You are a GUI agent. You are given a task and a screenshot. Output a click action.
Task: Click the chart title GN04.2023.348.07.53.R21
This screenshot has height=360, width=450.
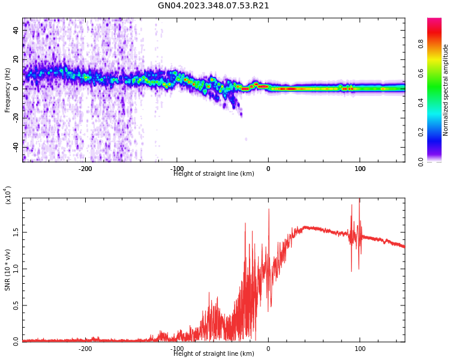click(x=214, y=6)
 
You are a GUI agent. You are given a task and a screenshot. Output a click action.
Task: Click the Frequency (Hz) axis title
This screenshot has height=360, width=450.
click(x=8, y=90)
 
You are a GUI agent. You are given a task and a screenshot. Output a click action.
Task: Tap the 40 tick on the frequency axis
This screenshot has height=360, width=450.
click(x=17, y=30)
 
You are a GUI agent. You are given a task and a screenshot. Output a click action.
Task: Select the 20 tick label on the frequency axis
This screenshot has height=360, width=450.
click(x=17, y=59)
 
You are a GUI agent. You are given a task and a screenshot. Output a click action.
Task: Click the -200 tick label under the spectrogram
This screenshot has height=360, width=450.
click(x=85, y=169)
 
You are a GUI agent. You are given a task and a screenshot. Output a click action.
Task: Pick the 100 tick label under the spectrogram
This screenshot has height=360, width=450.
click(x=360, y=169)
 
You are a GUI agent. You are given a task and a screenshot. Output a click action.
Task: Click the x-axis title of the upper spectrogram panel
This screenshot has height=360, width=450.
click(x=214, y=174)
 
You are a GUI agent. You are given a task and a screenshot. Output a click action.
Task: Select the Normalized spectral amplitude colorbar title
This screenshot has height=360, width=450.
click(x=446, y=90)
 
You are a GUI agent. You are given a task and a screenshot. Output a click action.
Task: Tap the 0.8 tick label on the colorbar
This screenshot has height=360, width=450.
click(x=438, y=44)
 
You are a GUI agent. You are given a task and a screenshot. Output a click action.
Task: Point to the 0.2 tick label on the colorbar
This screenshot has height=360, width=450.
click(x=438, y=132)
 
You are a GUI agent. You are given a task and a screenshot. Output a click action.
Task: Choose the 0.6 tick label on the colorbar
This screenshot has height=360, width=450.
click(x=438, y=73)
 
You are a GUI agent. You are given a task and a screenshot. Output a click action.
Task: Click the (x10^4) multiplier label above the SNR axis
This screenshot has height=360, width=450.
click(x=8, y=195)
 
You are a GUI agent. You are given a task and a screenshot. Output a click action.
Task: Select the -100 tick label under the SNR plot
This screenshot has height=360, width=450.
click(x=176, y=349)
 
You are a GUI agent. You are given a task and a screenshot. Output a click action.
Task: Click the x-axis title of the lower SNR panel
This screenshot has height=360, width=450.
click(x=214, y=354)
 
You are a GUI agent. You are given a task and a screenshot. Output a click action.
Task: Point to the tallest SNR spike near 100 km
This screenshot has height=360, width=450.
click(x=359, y=200)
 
